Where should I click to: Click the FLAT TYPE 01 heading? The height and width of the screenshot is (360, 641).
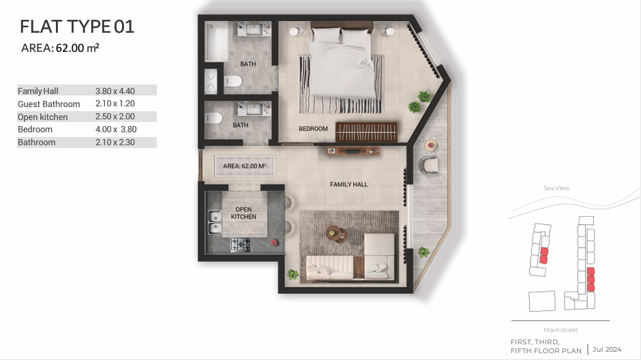click(x=77, y=27)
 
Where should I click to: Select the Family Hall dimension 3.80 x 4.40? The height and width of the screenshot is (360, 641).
click(x=115, y=91)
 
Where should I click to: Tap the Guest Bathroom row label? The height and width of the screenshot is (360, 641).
click(x=48, y=104)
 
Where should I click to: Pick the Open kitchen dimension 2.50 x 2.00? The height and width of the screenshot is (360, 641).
click(x=115, y=117)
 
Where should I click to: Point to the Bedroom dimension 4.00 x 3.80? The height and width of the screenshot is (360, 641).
click(x=116, y=130)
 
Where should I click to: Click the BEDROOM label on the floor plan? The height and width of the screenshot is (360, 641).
click(x=313, y=129)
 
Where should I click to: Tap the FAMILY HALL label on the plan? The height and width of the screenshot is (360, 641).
click(x=348, y=184)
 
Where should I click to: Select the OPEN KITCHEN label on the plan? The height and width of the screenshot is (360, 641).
click(x=243, y=213)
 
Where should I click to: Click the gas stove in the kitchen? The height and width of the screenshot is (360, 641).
click(x=240, y=244)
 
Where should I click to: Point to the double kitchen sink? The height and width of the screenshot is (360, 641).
click(x=215, y=222)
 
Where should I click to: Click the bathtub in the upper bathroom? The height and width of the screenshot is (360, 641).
click(x=216, y=42)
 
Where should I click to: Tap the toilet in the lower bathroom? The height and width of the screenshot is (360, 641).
click(x=214, y=118)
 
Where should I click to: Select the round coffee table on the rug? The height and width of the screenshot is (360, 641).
click(x=336, y=233)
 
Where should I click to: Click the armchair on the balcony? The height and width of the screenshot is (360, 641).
click(x=429, y=164)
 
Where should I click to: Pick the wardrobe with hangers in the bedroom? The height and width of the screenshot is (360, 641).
click(x=366, y=132)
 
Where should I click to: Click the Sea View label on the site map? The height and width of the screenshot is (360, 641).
click(x=556, y=188)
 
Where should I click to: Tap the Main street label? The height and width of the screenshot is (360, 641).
click(x=561, y=330)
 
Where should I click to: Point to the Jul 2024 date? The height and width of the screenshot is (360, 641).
click(x=607, y=349)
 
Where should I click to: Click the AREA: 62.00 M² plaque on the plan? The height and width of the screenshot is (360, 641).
click(x=244, y=166)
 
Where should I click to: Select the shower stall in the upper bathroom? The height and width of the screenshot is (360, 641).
click(x=211, y=81)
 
